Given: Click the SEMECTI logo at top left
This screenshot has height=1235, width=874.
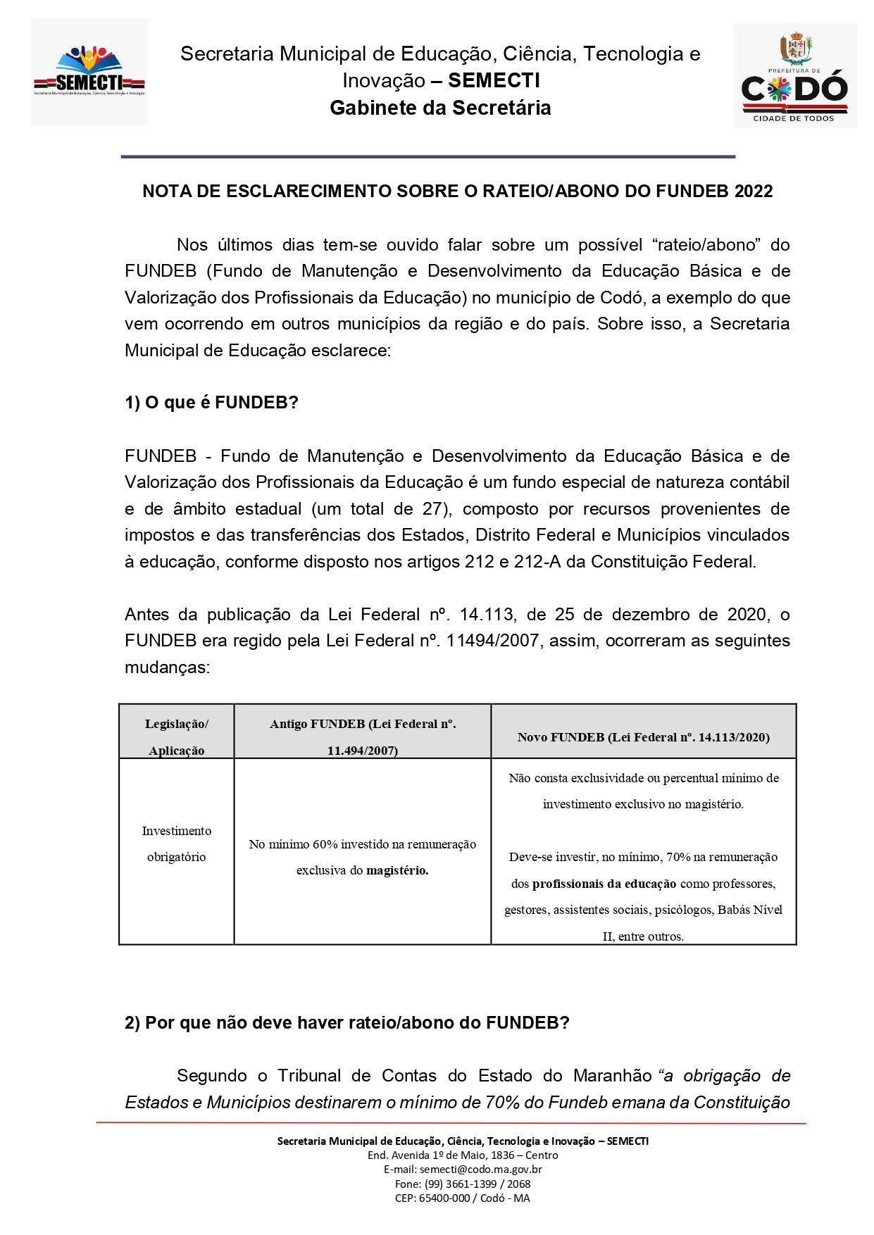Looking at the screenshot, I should click(x=89, y=73).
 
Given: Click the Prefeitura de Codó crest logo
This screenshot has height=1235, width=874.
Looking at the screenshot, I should click(x=795, y=75).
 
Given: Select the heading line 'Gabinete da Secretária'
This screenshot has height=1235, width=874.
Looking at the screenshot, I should click(x=440, y=108).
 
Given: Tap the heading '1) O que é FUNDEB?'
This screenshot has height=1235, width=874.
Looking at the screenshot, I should click(x=211, y=403).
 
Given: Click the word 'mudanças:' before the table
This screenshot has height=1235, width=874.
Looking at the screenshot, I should click(x=167, y=667).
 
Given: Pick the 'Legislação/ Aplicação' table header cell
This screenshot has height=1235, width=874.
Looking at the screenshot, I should click(x=176, y=736).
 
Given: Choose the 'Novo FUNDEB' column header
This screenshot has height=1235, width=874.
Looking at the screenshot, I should click(x=643, y=737).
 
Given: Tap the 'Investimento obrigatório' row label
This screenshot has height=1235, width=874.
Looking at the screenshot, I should click(x=176, y=844).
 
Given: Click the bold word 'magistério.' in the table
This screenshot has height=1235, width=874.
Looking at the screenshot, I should click(x=397, y=870).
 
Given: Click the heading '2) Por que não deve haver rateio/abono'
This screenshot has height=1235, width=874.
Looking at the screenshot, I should click(x=347, y=1023).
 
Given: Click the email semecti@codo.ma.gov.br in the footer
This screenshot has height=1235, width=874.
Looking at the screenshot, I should click(x=463, y=1170).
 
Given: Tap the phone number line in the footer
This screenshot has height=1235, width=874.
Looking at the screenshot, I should click(x=463, y=1184).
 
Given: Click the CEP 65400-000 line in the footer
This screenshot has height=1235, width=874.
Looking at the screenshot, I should click(x=463, y=1198).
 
